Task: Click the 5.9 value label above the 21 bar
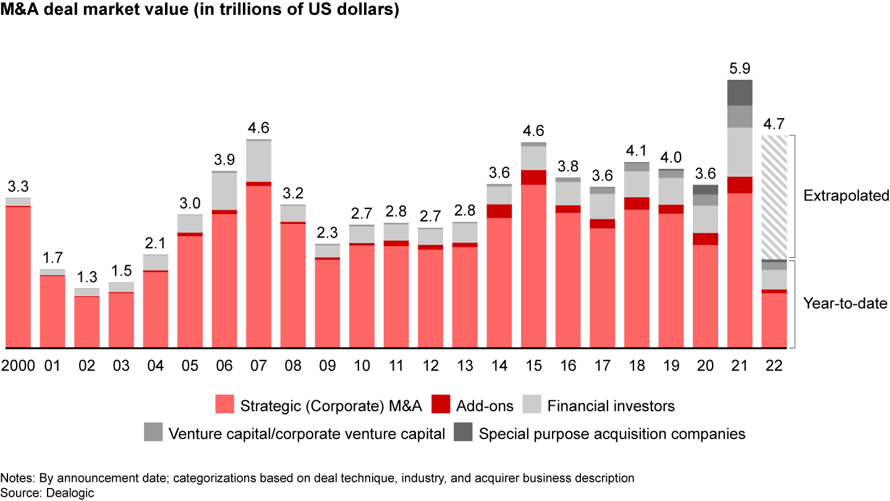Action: [739, 69]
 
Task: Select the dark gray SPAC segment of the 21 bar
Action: [739, 92]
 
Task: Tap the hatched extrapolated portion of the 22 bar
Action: [774, 197]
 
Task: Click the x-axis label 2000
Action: [17, 366]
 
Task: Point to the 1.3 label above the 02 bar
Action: [87, 277]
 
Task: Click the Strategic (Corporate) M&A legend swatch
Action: [224, 406]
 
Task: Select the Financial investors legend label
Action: [611, 406]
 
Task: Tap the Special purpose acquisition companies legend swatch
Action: [465, 433]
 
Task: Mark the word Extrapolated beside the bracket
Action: [845, 196]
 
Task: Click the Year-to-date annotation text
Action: [845, 303]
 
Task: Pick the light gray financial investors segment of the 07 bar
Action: [258, 161]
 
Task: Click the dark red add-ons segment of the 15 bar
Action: [533, 177]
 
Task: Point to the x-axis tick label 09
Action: [327, 366]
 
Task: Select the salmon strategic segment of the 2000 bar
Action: [18, 276]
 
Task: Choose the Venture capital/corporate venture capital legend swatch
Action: [153, 433]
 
